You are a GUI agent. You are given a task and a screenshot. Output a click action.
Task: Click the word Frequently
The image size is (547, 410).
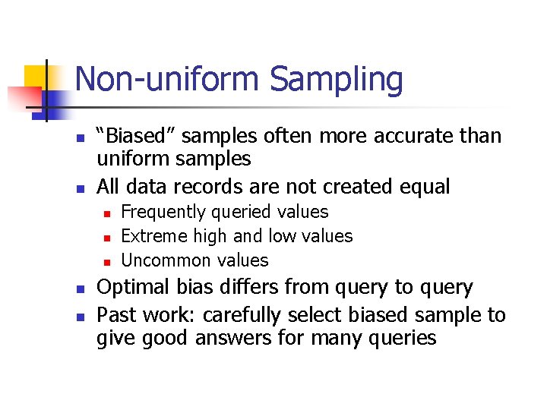[x=163, y=212]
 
